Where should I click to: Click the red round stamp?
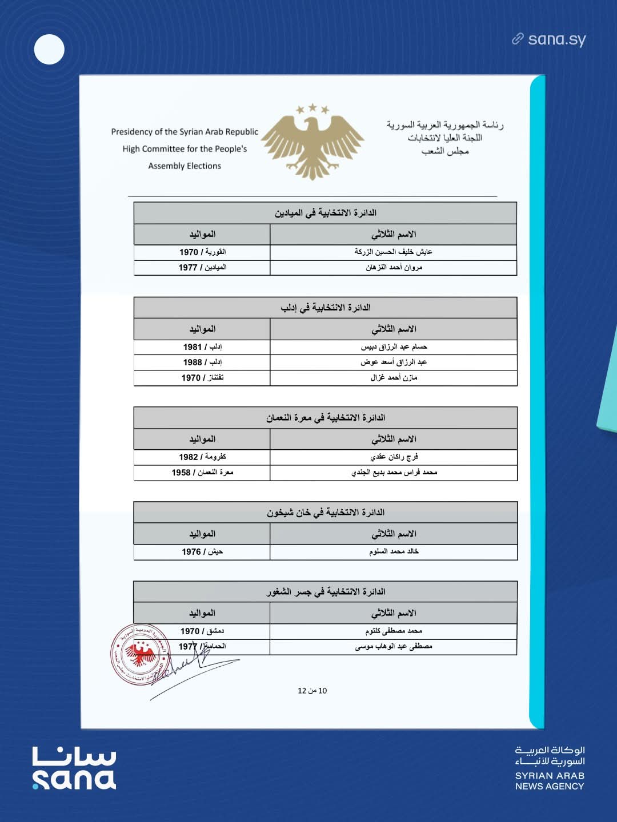[x=141, y=654]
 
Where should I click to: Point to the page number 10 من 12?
[x=312, y=691]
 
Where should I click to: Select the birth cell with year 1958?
[x=202, y=473]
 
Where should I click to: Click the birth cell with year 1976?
[x=202, y=552]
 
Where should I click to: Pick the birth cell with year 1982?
[x=202, y=457]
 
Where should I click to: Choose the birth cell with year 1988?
[x=202, y=362]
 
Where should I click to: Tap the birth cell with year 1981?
[x=202, y=347]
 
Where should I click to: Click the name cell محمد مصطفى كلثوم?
[x=394, y=631]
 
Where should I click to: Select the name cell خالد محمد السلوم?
[x=394, y=552]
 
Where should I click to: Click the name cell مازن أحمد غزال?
[x=394, y=378]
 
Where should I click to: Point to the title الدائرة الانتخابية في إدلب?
[x=325, y=308]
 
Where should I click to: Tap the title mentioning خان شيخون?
[x=325, y=513]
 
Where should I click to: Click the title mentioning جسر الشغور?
[x=325, y=592]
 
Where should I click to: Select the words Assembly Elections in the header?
[x=185, y=166]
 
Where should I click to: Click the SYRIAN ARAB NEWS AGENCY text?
[x=550, y=781]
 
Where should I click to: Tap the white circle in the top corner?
[x=49, y=49]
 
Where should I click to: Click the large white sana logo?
[x=74, y=768]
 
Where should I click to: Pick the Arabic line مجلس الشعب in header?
[x=445, y=152]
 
